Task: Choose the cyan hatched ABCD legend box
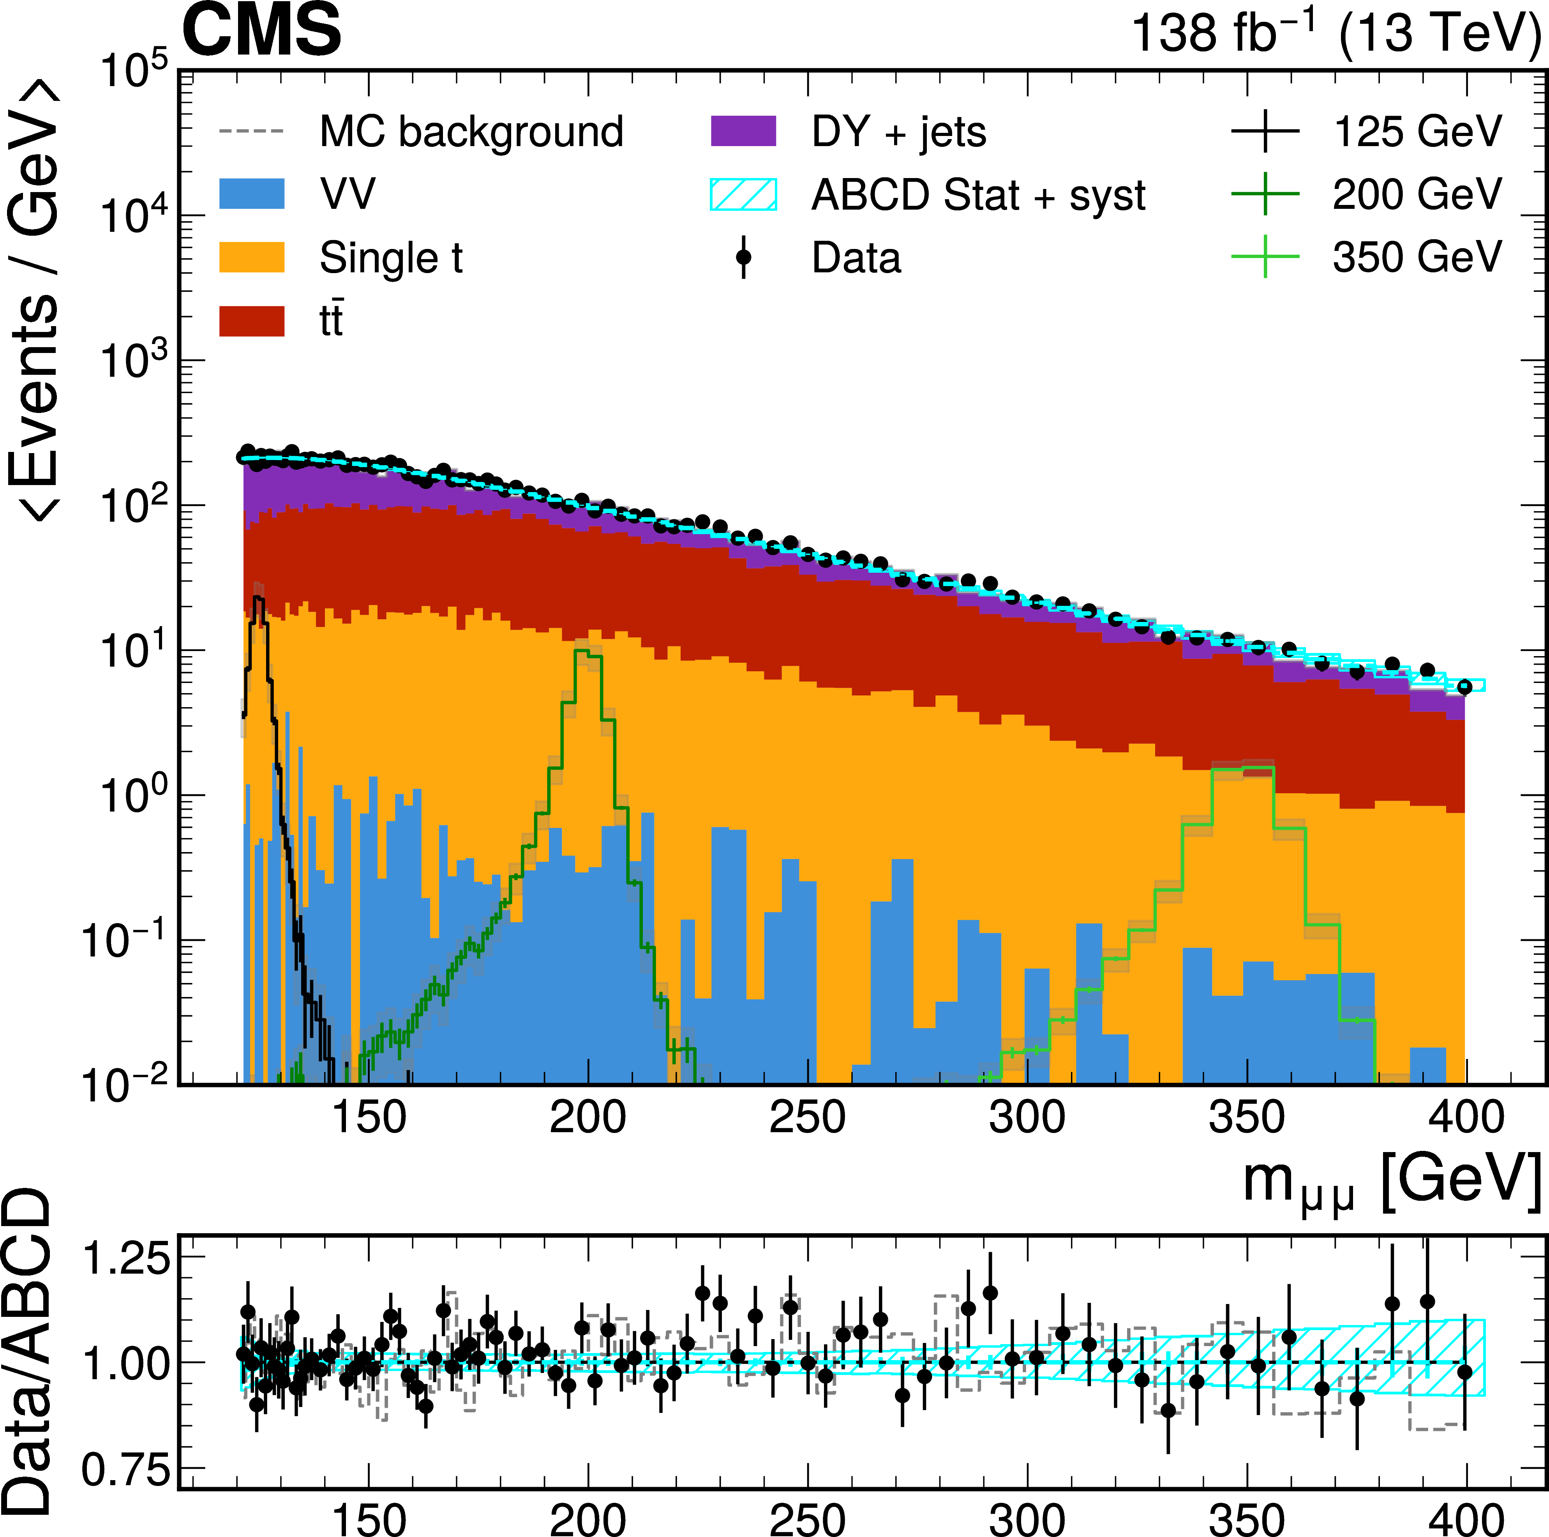743,194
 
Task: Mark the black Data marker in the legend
743,258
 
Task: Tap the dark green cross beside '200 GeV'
1265,194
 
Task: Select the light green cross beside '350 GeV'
1265,258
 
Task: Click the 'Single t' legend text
391,258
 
